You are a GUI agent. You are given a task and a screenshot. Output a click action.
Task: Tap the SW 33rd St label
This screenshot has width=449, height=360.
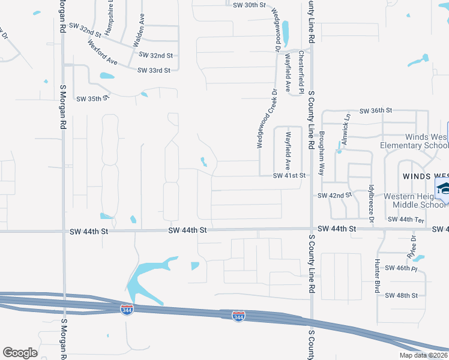click(x=154, y=70)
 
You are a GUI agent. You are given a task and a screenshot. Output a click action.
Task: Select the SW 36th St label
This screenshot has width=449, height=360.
click(x=376, y=111)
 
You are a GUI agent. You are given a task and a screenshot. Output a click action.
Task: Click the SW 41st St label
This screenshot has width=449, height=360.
click(x=290, y=176)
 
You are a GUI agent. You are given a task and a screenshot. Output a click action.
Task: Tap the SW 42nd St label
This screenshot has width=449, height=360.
click(x=334, y=196)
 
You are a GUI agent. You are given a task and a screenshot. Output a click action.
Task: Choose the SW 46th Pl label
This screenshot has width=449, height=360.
click(x=401, y=268)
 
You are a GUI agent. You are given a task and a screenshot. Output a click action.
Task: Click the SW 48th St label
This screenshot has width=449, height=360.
click(x=401, y=295)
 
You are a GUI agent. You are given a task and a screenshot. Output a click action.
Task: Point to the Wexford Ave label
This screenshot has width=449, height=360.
click(x=102, y=53)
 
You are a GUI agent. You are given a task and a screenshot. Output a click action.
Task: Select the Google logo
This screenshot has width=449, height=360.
click(x=20, y=353)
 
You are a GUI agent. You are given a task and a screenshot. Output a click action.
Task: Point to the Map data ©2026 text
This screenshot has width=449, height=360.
click(x=423, y=355)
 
